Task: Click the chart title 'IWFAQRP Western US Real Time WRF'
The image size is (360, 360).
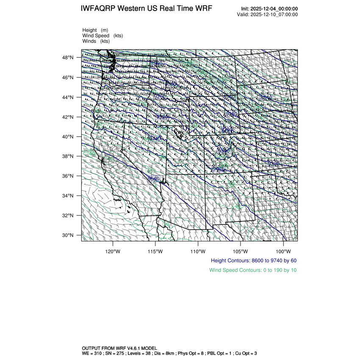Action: tap(146, 9)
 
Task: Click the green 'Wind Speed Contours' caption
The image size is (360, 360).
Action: tap(253, 270)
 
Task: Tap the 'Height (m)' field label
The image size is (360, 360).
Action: tap(95, 30)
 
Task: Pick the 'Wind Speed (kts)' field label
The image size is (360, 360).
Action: tap(102, 36)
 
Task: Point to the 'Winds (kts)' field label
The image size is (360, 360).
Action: tap(96, 41)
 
